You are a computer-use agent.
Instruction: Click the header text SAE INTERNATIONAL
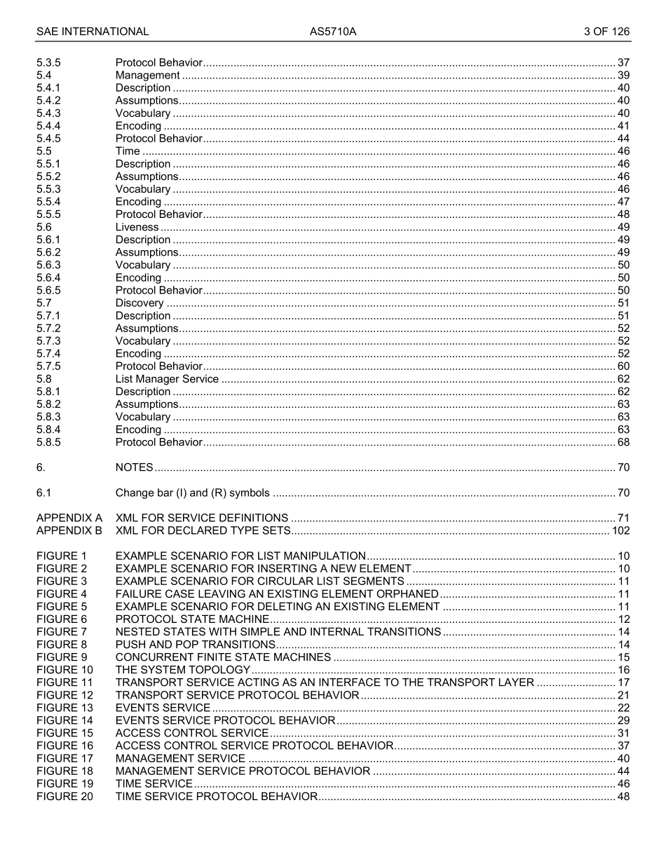pos(93,32)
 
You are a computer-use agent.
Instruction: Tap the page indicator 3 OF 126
pos(606,32)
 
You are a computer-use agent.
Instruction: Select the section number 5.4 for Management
pos(43,75)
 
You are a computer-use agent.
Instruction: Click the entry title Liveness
pos(137,227)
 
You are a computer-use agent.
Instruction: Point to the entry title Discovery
pos(140,303)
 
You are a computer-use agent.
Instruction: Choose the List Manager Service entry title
pos(167,379)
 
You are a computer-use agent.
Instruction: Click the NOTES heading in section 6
pos(134,467)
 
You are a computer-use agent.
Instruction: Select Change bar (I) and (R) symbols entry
pos(192,493)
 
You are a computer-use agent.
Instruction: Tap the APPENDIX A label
pos(69,518)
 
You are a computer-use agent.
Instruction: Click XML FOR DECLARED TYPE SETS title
pos(203,530)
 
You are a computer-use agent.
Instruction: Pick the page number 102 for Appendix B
pos(620,530)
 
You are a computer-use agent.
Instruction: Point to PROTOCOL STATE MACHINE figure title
pos(192,619)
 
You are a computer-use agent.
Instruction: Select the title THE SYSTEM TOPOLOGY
pos(182,670)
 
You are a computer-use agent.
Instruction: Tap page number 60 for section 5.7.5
pos(623,366)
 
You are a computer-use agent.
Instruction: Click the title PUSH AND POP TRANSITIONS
pos(195,644)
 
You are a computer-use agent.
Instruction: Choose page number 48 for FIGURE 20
pos(623,796)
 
